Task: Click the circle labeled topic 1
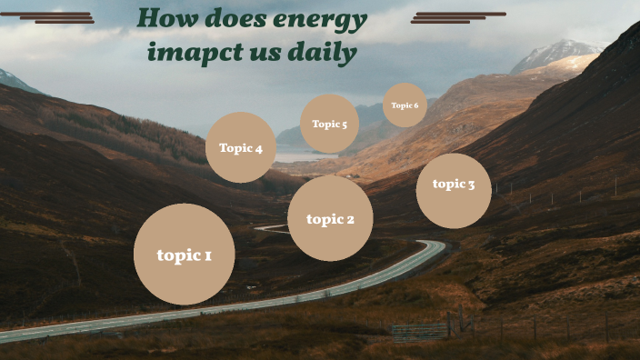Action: tap(184, 254)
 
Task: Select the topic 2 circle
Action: tap(330, 218)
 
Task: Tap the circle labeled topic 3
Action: tap(454, 190)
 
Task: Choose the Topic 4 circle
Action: tap(241, 147)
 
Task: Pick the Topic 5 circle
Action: tap(329, 124)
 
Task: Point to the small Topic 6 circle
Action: tap(405, 105)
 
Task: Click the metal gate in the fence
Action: tap(420, 331)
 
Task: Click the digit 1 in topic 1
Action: tap(207, 255)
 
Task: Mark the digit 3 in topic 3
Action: tap(471, 185)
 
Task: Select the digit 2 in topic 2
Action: tap(349, 219)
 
